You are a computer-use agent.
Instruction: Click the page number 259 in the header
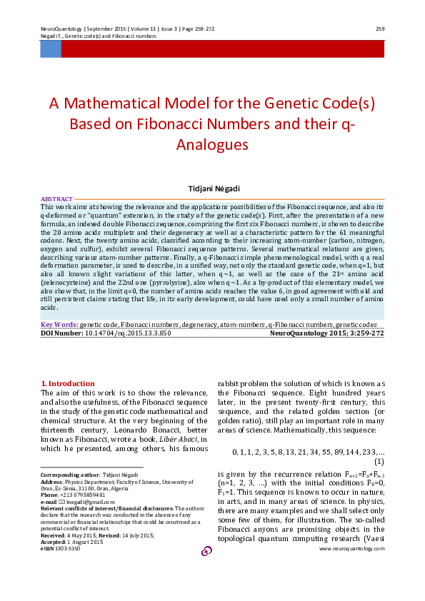click(380, 29)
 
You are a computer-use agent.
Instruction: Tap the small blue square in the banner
click(50, 49)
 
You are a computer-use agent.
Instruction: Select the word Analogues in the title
click(212, 143)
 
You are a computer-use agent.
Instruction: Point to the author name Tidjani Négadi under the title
click(212, 188)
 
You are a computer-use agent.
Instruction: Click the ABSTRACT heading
click(57, 198)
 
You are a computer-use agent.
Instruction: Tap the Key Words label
click(60, 324)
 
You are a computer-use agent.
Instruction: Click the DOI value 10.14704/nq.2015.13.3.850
click(129, 333)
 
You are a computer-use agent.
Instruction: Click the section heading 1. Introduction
click(68, 383)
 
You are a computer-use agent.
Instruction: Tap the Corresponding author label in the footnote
click(69, 475)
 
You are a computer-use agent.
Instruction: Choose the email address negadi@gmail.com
click(81, 502)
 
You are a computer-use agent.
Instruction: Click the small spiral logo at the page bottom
click(207, 551)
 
